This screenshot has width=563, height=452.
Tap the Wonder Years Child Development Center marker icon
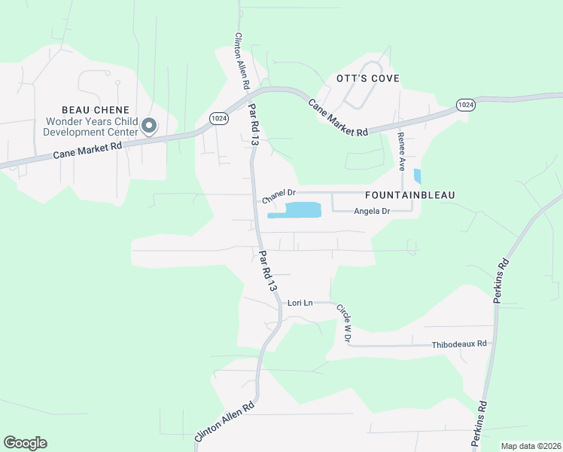point(149,126)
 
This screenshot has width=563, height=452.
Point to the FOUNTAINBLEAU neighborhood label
point(411,194)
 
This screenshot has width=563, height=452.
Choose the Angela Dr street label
point(372,212)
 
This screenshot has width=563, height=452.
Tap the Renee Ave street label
point(401,151)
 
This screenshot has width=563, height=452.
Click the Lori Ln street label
point(300,303)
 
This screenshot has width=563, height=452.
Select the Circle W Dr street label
point(343,323)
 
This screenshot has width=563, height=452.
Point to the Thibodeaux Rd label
point(459,344)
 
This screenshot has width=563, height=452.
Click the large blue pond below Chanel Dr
point(297,210)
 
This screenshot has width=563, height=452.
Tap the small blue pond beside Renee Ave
point(418,177)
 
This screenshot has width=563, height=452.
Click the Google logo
point(25,443)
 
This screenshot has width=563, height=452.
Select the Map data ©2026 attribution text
point(531,446)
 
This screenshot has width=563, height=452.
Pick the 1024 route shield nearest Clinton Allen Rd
point(219,118)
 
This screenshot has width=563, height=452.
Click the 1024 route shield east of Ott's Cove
point(465,104)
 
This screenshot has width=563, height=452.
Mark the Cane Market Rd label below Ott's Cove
point(339,119)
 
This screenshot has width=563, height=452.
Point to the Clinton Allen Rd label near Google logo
point(224,421)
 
